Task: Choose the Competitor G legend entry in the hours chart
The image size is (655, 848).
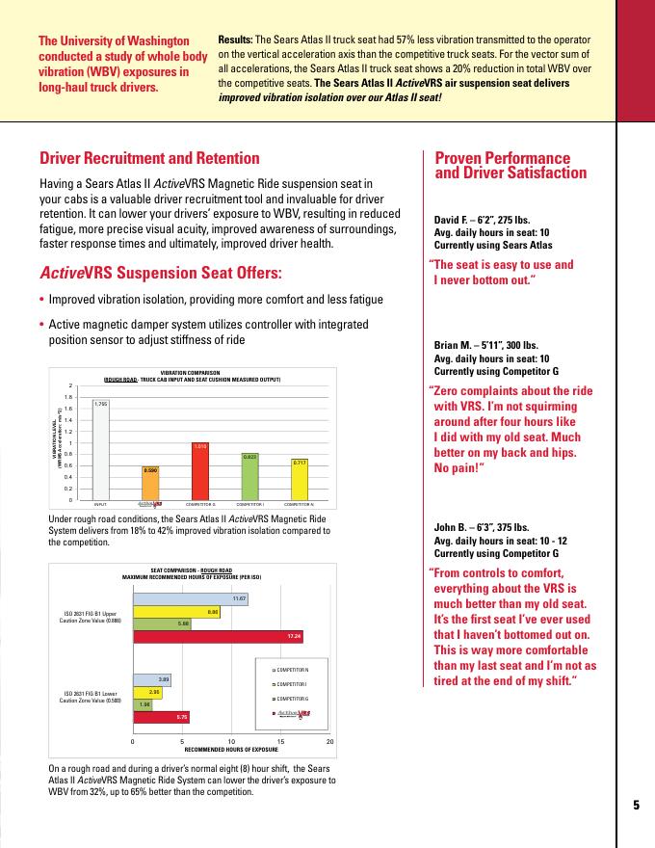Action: (x=293, y=698)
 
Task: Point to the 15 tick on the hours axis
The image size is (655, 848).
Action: (x=280, y=740)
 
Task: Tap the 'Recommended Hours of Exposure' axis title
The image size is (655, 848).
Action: (x=231, y=748)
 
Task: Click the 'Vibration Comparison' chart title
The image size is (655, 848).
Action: (x=191, y=372)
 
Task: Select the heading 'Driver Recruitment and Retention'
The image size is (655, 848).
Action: (x=149, y=158)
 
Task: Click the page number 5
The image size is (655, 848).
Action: (x=636, y=806)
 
